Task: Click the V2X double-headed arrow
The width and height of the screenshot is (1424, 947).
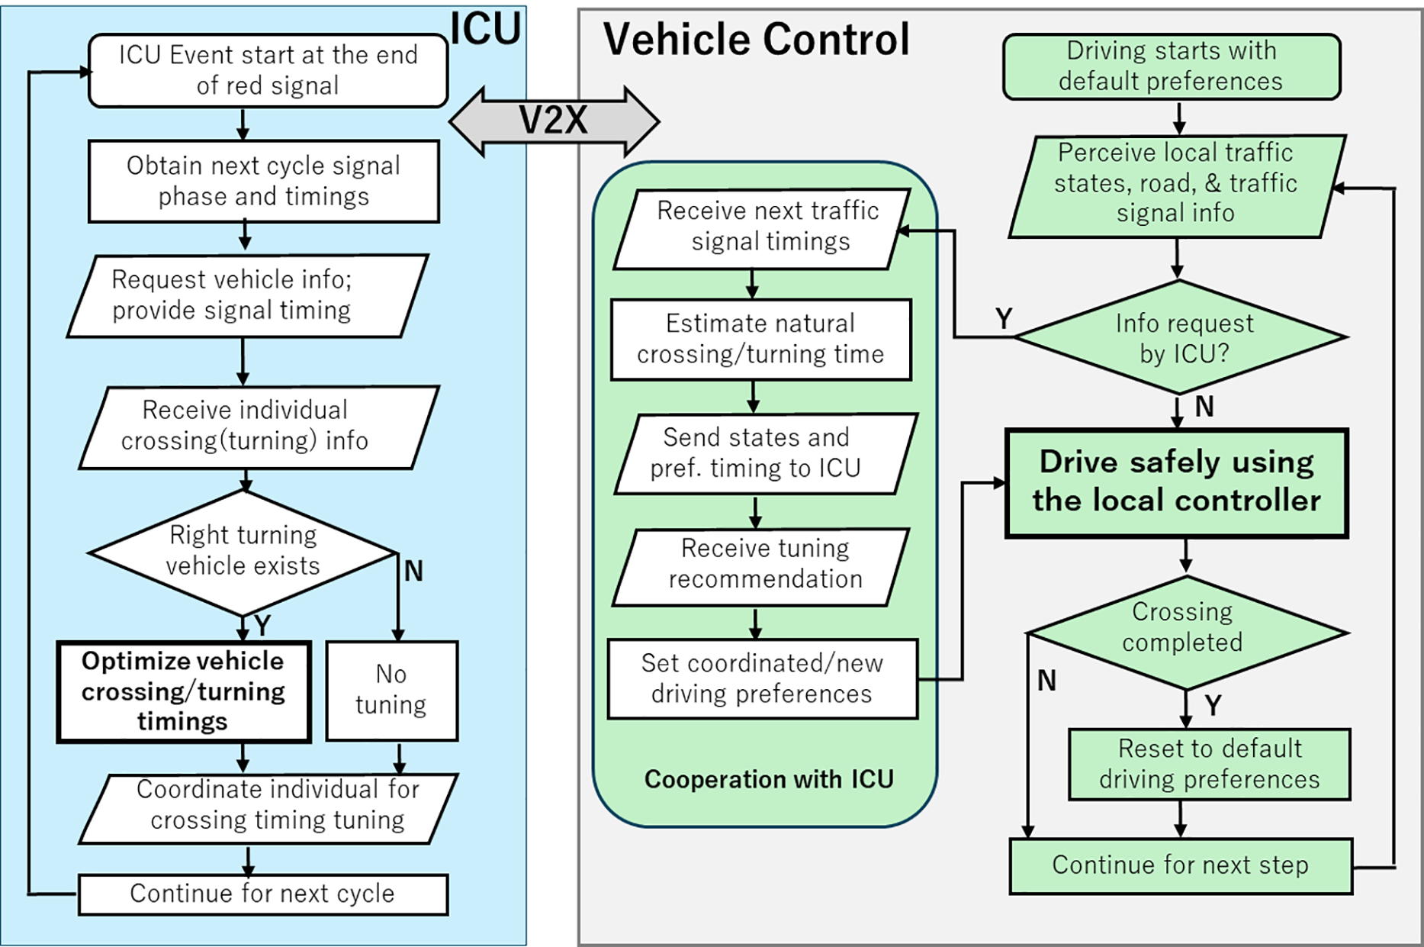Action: [554, 121]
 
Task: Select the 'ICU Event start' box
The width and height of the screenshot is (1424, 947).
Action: [268, 70]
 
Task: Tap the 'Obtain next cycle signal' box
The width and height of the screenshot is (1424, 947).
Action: [263, 181]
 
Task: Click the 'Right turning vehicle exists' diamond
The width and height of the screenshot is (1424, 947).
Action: [243, 551]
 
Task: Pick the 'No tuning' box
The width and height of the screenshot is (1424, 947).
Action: [391, 690]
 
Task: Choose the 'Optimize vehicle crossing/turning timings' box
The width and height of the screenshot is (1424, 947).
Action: [184, 691]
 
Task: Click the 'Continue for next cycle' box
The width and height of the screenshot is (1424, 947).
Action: [262, 894]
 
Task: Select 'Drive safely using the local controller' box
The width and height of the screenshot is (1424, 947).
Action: [1177, 482]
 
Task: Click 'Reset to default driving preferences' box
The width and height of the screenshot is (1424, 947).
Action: [1209, 764]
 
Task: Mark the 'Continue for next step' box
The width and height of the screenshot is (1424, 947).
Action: [1180, 865]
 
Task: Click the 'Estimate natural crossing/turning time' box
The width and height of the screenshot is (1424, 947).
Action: [760, 339]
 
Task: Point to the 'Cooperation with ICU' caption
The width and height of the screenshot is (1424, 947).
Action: [769, 779]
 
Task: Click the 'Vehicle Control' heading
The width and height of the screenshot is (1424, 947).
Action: [756, 40]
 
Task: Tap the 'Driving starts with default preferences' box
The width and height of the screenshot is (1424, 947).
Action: [1171, 66]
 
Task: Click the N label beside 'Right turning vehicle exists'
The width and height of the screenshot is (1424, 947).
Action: [413, 571]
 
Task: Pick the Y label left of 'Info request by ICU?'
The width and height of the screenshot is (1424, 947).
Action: [1003, 318]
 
